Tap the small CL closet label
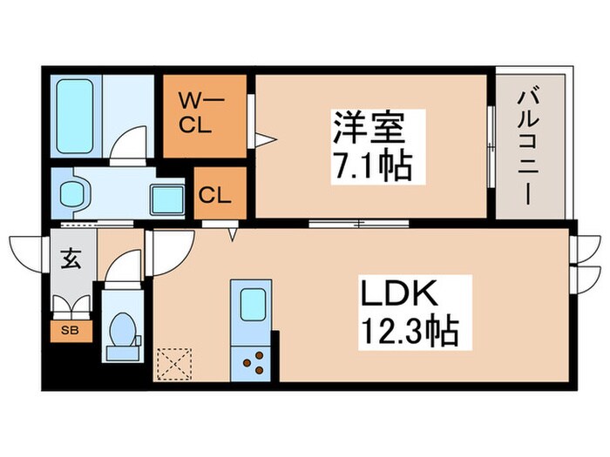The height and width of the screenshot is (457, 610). point(214,196)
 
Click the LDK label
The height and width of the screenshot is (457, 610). point(399,293)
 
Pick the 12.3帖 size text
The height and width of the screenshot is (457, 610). point(410,332)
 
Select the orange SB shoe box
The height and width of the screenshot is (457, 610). point(71,331)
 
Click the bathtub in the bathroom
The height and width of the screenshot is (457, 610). point(75,117)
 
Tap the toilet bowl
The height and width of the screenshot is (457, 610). point(123,330)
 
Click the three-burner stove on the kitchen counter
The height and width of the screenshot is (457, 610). point(254,363)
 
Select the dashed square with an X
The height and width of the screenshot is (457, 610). point(174,364)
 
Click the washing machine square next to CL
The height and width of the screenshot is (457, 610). point(167,199)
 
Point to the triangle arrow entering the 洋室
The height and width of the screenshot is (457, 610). point(265,139)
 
